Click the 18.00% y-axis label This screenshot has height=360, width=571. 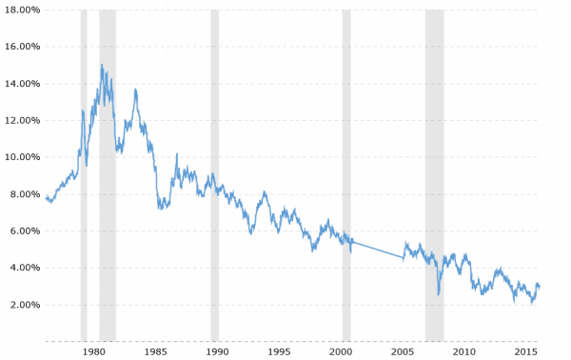pos(21,10)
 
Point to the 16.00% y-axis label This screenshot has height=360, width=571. pos(21,47)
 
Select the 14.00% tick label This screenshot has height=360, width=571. pos(21,84)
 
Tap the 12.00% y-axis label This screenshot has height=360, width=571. pos(21,121)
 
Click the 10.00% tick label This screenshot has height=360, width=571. pos(21,157)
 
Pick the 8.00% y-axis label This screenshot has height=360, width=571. pos(21,194)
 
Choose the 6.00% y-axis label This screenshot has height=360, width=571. pos(21,231)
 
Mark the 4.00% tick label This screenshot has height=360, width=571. pos(21,269)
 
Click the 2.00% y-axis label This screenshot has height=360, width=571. pos(21,306)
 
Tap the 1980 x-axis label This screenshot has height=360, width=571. pos(93,351)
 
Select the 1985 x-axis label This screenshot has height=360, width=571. pos(155,351)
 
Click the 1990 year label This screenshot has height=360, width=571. pos(217,351)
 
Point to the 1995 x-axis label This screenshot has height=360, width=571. pos(279,351)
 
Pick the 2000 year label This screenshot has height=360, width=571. pos(341,351)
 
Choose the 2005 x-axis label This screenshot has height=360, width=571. pos(404,351)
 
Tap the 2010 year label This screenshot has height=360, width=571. pos(465,351)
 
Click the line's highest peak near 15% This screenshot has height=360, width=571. pos(102,65)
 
